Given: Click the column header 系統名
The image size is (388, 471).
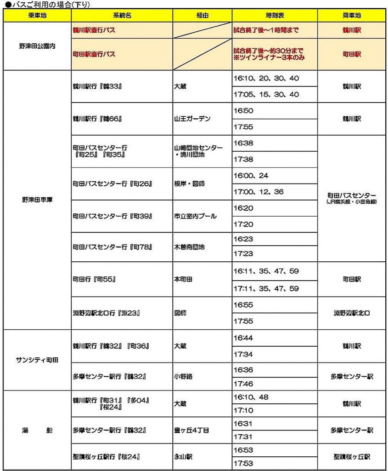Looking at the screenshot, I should pyautogui.click(x=122, y=15).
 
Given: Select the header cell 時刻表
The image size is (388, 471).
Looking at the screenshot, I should pyautogui.click(x=275, y=15).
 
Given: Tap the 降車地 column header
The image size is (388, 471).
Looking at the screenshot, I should pyautogui.click(x=352, y=15).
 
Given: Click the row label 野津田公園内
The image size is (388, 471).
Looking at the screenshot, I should pyautogui.click(x=37, y=46).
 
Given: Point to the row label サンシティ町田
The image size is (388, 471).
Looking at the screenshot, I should pyautogui.click(x=37, y=360).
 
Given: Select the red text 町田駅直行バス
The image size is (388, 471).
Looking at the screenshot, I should pyautogui.click(x=94, y=54).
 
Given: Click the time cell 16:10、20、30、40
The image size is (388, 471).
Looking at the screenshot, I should pyautogui.click(x=266, y=79).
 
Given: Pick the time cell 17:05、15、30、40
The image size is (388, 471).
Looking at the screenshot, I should pyautogui.click(x=266, y=95).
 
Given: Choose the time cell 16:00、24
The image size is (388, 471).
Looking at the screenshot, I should pyautogui.click(x=251, y=176).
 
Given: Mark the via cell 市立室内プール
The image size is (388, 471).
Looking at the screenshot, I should pyautogui.click(x=195, y=216).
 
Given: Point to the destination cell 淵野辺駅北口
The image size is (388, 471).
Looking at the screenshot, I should pyautogui.click(x=352, y=313).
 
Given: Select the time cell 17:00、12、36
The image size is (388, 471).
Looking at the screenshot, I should pyautogui.click(x=259, y=192).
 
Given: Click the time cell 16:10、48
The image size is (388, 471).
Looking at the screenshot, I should pyautogui.click(x=251, y=397).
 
